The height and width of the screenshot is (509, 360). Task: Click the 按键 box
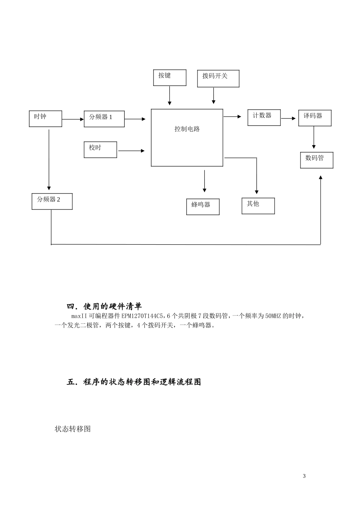[169, 78]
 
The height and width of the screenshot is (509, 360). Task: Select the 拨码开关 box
[218, 78]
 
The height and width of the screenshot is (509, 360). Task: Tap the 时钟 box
[45, 119]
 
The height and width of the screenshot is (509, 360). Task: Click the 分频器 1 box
[104, 119]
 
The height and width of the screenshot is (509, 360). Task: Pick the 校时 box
[100, 150]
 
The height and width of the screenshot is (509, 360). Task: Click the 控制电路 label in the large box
[187, 129]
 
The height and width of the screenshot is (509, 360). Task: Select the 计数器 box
[264, 117]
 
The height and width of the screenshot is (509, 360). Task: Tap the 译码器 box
[315, 118]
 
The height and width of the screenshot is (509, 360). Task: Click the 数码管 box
[316, 160]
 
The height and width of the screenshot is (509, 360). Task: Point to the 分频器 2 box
[52, 201]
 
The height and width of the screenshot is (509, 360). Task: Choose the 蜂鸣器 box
[203, 207]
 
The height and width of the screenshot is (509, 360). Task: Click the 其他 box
[258, 206]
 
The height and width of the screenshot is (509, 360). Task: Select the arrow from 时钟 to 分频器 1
[73, 119]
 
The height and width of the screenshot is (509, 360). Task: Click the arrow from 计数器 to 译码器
[288, 119]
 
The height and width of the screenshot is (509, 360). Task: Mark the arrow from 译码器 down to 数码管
[314, 137]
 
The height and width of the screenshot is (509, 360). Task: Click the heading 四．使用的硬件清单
[104, 306]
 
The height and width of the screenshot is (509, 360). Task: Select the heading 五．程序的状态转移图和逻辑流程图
[134, 382]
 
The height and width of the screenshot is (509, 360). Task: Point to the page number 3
[304, 476]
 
